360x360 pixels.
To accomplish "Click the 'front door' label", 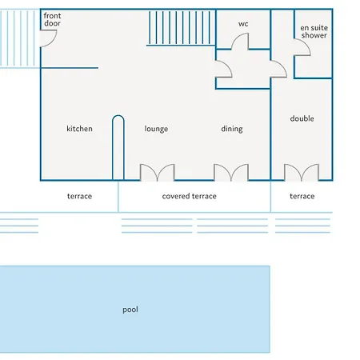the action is pyautogui.click(x=52, y=19).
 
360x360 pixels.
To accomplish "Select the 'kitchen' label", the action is pyautogui.click(x=79, y=129).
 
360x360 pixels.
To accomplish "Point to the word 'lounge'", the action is pyautogui.click(x=156, y=129).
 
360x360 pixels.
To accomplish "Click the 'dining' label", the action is pyautogui.click(x=232, y=129).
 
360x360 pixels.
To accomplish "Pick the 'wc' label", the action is pyautogui.click(x=243, y=24).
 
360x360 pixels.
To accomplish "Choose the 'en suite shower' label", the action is pyautogui.click(x=314, y=31).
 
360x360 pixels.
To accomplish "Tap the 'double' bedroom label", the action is pyautogui.click(x=302, y=118).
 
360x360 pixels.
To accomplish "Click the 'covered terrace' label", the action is pyautogui.click(x=189, y=196).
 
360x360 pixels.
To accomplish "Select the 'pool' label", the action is pyautogui.click(x=130, y=310).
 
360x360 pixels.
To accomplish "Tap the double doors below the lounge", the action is pyautogui.click(x=158, y=173).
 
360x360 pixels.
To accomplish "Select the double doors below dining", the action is pyautogui.click(x=231, y=173).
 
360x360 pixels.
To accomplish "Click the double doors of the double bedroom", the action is pyautogui.click(x=302, y=173).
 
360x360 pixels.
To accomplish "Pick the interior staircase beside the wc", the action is pyautogui.click(x=181, y=28).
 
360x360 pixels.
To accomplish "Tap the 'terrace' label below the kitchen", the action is pyautogui.click(x=79, y=196).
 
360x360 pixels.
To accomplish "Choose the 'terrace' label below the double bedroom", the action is pyautogui.click(x=302, y=196).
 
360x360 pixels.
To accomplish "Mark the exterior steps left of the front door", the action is pyautogui.click(x=19, y=38).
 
